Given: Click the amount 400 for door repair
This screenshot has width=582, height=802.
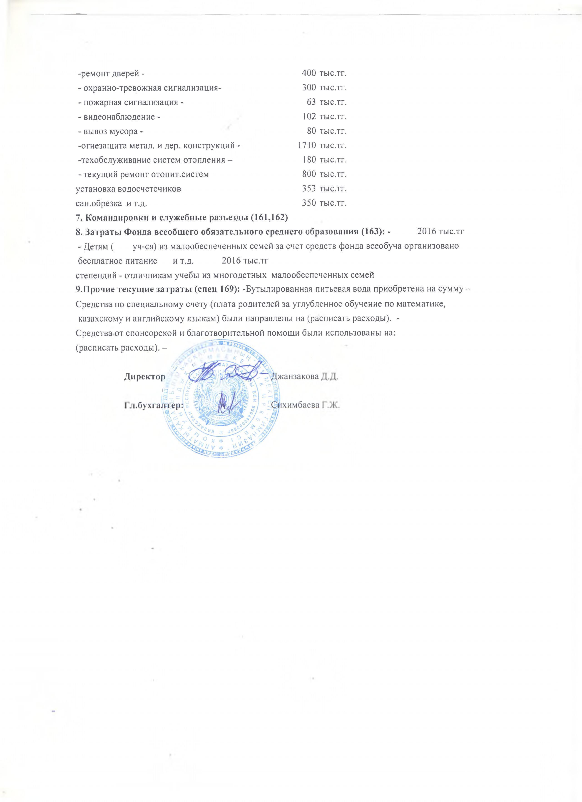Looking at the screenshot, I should (x=309, y=73).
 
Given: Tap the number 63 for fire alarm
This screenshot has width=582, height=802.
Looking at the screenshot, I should (x=311, y=102).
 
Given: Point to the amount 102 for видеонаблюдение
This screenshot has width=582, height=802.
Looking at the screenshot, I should (x=309, y=116).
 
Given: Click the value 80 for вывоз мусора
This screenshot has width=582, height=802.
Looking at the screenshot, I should (x=311, y=131).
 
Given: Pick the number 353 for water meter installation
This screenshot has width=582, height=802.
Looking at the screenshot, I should (x=309, y=189).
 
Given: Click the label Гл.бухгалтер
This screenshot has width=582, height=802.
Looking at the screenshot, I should (x=154, y=406).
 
